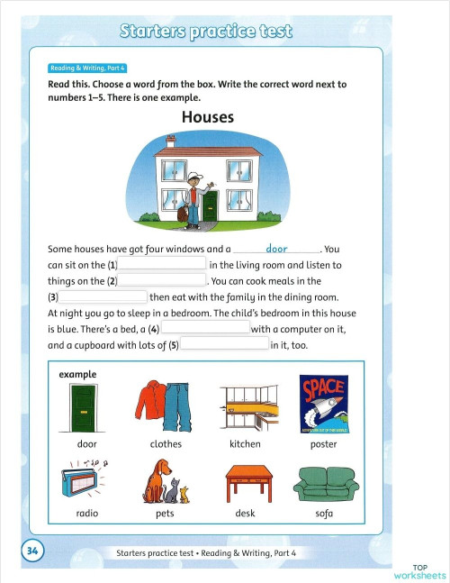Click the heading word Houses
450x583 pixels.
tap(207, 117)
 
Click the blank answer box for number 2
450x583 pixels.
tap(163, 281)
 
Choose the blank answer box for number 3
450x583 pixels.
tap(103, 296)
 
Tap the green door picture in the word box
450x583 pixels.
tap(87, 406)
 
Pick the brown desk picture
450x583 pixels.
tap(245, 482)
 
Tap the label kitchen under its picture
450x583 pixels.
tap(245, 444)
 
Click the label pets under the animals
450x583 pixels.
tap(166, 514)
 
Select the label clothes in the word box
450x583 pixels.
tap(166, 444)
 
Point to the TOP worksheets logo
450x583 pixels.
tap(419, 570)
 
